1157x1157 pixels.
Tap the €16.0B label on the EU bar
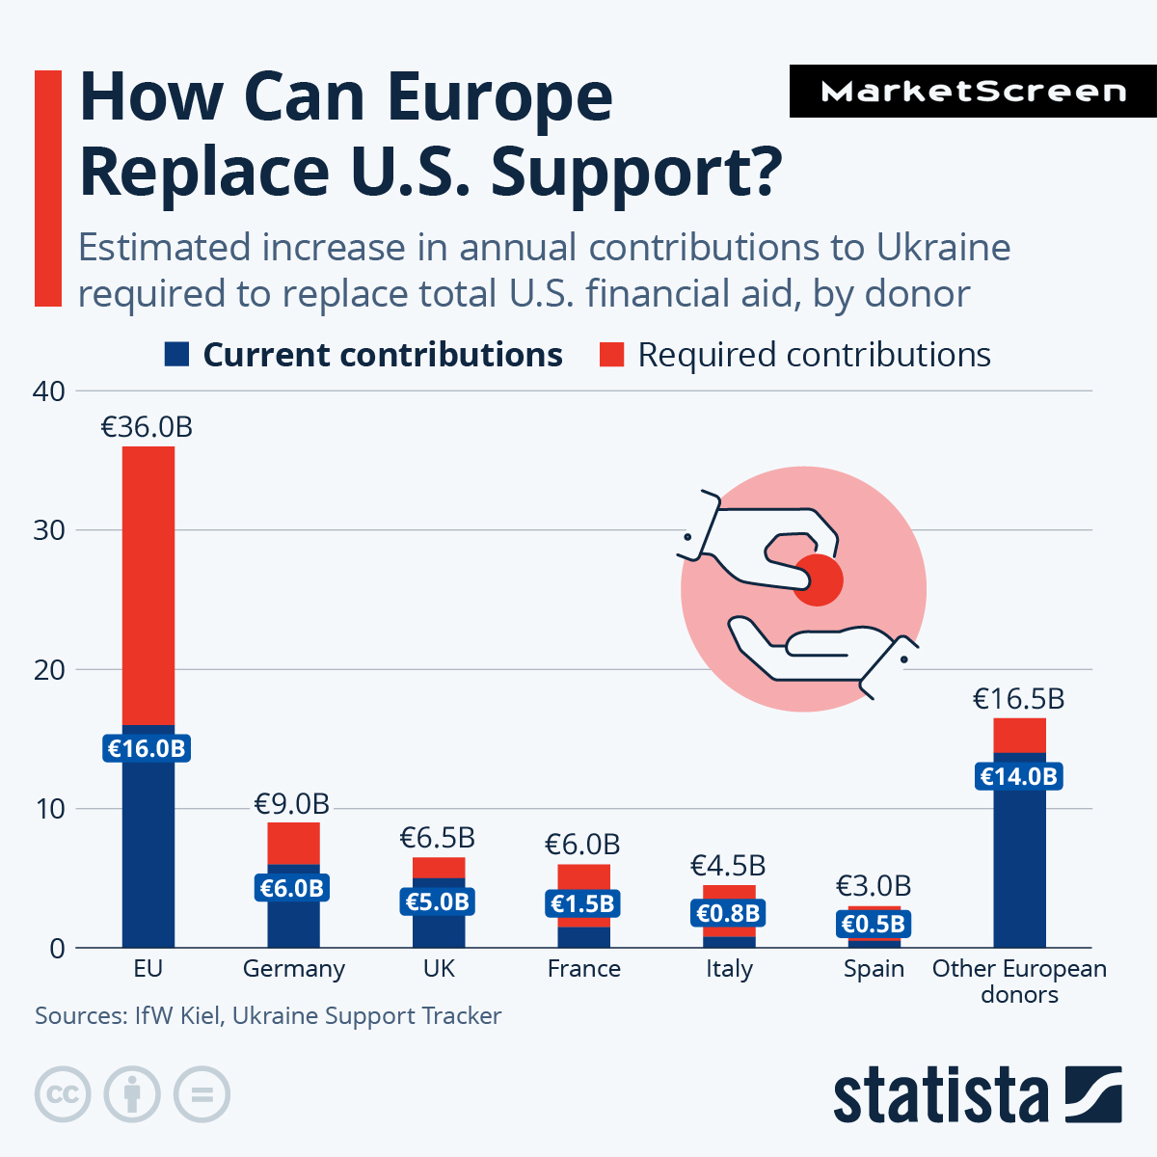coord(147,748)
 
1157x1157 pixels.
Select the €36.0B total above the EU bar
coord(147,427)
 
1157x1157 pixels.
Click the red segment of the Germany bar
coord(293,844)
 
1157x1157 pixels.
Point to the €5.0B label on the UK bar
coord(438,902)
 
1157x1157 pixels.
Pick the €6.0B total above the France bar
coord(582,845)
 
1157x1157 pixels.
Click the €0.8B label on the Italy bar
coord(728,913)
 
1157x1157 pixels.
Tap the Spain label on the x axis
coord(874,969)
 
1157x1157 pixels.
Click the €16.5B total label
coord(1018,699)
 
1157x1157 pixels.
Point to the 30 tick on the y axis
coord(49,530)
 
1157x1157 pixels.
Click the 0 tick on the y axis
coord(57,949)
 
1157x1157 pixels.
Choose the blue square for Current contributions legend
coord(176,355)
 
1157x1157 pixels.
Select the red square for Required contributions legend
coord(611,355)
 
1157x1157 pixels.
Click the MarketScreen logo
coord(973,92)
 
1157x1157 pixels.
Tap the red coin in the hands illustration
coord(819,580)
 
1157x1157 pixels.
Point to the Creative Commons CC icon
coord(63,1094)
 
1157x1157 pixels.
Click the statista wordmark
coord(941,1095)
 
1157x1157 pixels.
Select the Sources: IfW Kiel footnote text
coord(268,1016)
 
